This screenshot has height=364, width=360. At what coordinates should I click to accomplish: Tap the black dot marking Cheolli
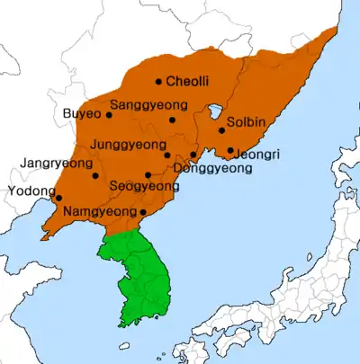(158, 82)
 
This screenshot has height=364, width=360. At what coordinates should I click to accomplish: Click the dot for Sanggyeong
(172, 120)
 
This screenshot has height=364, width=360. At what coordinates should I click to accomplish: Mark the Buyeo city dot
(109, 114)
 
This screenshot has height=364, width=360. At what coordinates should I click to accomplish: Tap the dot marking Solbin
(221, 130)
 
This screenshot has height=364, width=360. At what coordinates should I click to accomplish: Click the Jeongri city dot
(230, 150)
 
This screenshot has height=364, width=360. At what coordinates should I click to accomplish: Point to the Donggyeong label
(209, 168)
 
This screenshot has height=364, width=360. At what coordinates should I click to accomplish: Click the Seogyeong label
(144, 186)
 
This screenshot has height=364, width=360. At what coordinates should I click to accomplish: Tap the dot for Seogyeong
(148, 174)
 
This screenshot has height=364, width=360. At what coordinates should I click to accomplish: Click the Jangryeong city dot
(95, 174)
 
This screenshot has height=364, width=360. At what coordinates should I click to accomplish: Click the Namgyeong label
(100, 212)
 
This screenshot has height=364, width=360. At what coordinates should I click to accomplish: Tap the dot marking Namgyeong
(142, 212)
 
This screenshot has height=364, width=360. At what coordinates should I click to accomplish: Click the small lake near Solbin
(215, 112)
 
